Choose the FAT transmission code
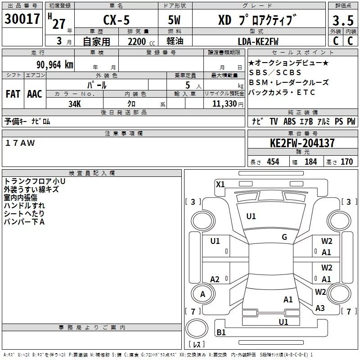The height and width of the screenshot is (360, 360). (x=13, y=94)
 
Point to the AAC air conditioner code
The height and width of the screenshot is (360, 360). (x=34, y=94)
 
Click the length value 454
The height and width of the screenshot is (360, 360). (x=273, y=162)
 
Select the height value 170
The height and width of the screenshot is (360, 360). (x=346, y=162)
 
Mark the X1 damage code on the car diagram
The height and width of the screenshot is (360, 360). (x=220, y=184)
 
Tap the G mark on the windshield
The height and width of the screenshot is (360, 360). (x=284, y=237)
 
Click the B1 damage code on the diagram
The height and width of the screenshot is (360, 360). (x=221, y=333)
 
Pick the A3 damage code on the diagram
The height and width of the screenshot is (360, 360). (x=320, y=308)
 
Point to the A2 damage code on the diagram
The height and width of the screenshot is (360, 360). (x=215, y=279)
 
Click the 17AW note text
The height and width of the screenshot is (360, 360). (x=20, y=143)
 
